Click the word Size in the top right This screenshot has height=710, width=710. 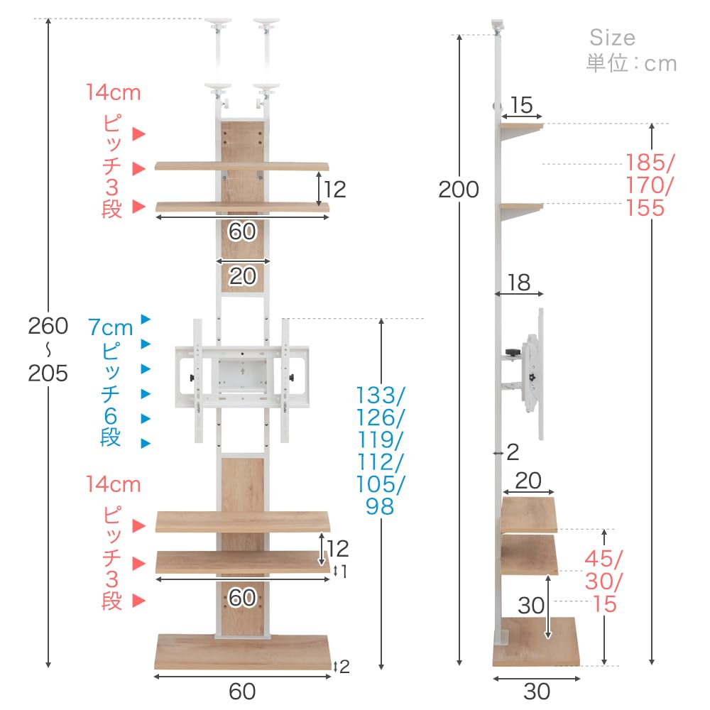coord(612,38)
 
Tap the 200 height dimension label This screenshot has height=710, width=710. coord(458,190)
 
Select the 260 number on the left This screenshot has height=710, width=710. coord(48,326)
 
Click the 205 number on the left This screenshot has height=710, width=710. coord(48,373)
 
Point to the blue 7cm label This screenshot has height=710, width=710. coord(111,327)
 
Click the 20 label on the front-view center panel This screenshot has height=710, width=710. coord(243,275)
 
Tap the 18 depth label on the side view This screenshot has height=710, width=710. coord(519,283)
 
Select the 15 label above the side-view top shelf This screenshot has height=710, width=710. coord(521,105)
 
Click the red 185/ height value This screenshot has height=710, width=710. coord(650,163)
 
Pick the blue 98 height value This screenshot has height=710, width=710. coord(379,506)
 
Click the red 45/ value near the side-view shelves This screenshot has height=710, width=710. coord(604,559)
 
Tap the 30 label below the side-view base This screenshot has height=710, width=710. coord(537,692)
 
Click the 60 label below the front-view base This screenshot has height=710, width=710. coord(242,692)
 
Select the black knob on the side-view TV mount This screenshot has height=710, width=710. coord(512,352)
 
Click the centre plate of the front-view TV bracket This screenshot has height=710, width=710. coord(243,375)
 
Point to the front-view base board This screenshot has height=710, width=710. coord(243,652)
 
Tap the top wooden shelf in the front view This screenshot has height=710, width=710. coord(242,166)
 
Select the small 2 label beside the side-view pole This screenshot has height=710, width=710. coord(513,452)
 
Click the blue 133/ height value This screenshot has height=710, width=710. coord(381,395)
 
